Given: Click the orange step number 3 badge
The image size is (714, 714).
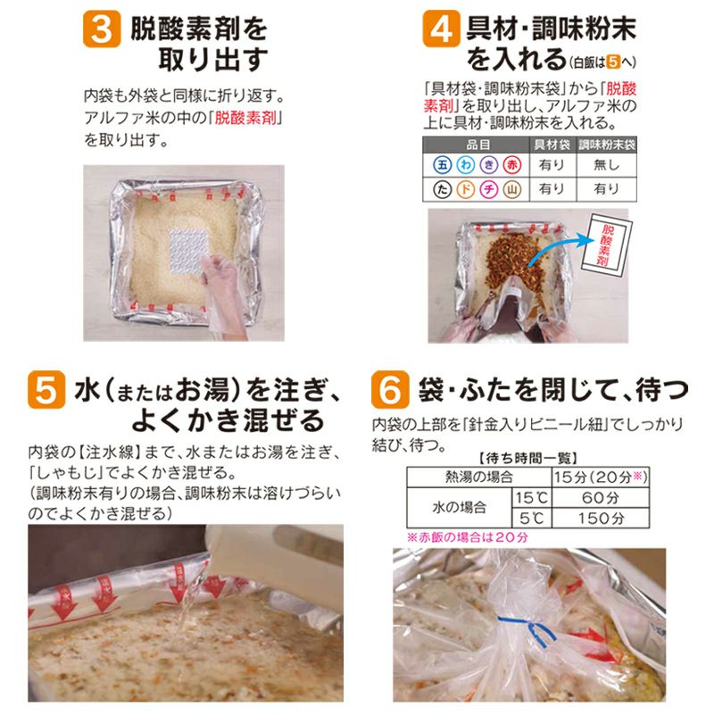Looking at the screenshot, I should coord(102,30).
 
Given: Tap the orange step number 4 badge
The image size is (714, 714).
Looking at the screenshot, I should coord(442,30).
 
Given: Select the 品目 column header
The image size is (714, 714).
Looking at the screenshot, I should coord(476,144).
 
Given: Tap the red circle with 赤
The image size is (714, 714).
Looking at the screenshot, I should coord(511,165).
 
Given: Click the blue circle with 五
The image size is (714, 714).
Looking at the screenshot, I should coord(442,165).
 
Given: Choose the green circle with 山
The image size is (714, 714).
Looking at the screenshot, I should coord(511,188).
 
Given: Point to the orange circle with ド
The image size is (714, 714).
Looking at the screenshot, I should coord(465,188).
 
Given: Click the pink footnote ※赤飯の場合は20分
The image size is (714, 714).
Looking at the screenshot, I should coord(468,537).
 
